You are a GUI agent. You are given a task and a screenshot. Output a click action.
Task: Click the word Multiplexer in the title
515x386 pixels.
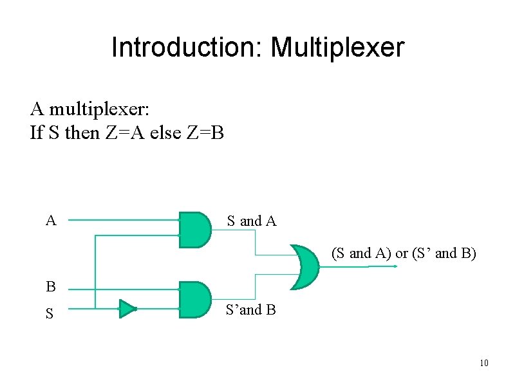(x=337, y=48)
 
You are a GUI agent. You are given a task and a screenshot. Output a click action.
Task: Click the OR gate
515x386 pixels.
(x=304, y=266)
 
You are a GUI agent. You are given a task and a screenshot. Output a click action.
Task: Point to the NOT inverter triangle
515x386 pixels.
(x=127, y=309)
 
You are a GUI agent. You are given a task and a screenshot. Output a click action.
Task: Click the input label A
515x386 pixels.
(x=51, y=221)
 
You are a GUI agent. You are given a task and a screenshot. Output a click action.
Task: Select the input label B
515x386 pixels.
(x=50, y=286)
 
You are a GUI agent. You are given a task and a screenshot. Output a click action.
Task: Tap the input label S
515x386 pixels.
(x=50, y=314)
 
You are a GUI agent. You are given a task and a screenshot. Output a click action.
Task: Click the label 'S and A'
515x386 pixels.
(x=251, y=221)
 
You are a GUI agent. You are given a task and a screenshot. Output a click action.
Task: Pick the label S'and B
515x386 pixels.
(x=250, y=310)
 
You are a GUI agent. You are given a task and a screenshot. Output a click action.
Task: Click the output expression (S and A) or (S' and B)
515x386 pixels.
(x=404, y=253)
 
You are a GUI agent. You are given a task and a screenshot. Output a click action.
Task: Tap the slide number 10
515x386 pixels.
(x=484, y=364)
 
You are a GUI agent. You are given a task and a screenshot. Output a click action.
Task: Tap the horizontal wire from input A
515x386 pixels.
(x=122, y=220)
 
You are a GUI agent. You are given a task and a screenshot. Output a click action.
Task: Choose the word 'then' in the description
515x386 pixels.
(x=81, y=133)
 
